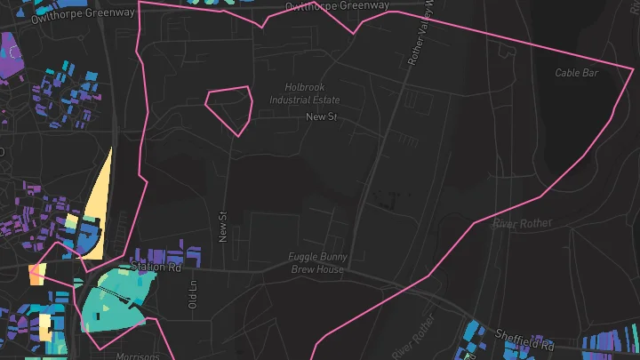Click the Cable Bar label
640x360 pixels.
[x=577, y=73]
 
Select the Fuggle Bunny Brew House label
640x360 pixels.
[x=316, y=263]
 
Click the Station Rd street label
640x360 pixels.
[x=156, y=267]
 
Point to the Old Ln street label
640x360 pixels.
[x=192, y=294]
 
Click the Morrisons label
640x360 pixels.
[x=137, y=356]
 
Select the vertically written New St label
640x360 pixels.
[x=223, y=226]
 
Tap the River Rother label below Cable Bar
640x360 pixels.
[x=523, y=222]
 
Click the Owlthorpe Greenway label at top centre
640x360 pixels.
[x=337, y=6]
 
